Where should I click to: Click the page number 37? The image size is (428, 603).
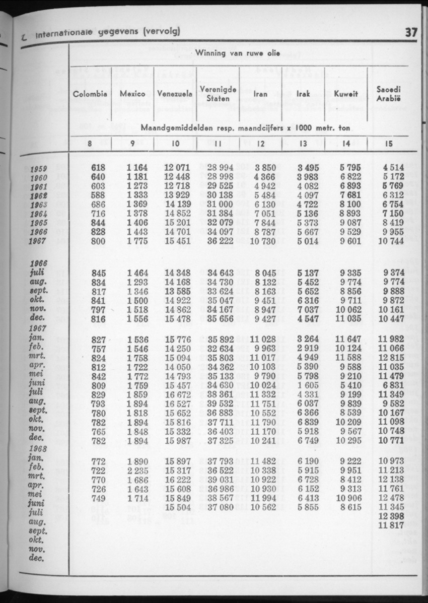411,33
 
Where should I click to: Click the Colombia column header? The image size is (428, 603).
90,94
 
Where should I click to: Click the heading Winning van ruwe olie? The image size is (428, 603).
237,53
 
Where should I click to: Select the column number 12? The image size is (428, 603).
261,143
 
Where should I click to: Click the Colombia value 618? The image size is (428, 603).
99,168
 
